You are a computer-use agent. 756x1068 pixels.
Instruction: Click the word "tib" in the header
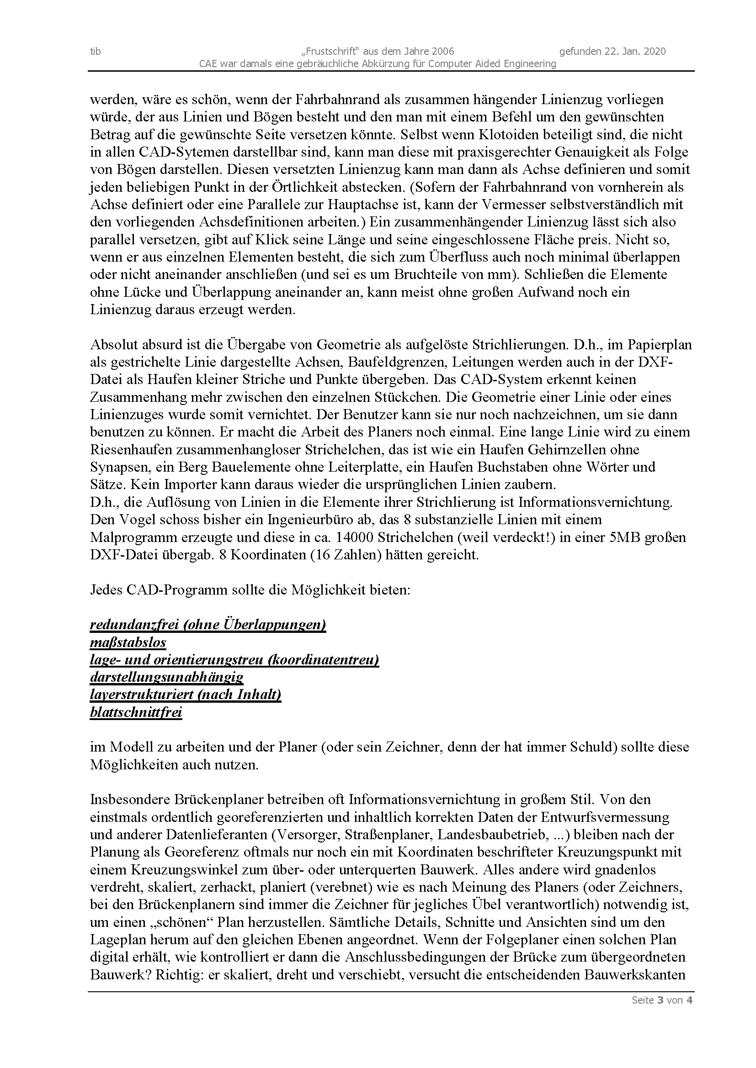point(96,51)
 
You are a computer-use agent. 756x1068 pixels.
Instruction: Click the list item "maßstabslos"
point(128,643)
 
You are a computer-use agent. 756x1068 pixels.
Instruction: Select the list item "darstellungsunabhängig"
point(167,677)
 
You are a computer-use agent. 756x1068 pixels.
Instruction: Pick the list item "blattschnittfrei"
point(136,712)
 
